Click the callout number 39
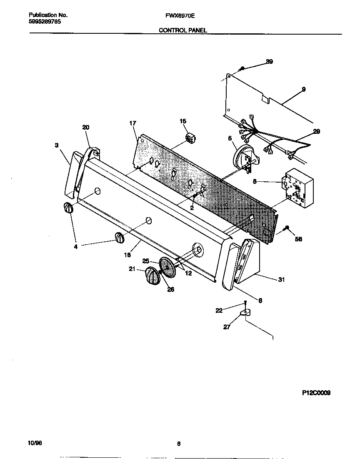tap(269, 62)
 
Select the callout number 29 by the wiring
tap(317, 131)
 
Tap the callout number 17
tap(132, 123)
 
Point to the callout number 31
tap(281, 280)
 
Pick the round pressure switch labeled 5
tap(244, 159)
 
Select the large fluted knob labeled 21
tap(152, 276)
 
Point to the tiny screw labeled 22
tap(246, 303)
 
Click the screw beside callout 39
tap(242, 68)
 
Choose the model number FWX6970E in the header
tap(180, 15)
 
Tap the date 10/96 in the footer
tap(36, 443)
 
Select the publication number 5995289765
tap(45, 21)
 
